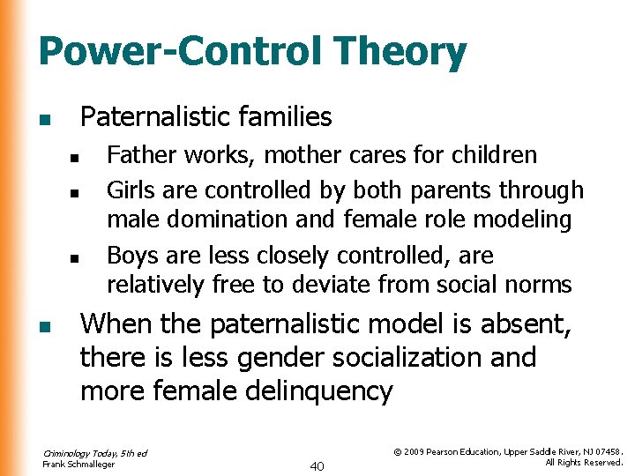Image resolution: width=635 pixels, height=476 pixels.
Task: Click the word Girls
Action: click(x=131, y=190)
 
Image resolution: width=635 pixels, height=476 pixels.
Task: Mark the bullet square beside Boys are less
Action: click(x=76, y=259)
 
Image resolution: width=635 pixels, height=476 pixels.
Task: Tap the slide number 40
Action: click(x=317, y=465)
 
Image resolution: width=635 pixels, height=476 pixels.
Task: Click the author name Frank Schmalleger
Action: click(x=78, y=464)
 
